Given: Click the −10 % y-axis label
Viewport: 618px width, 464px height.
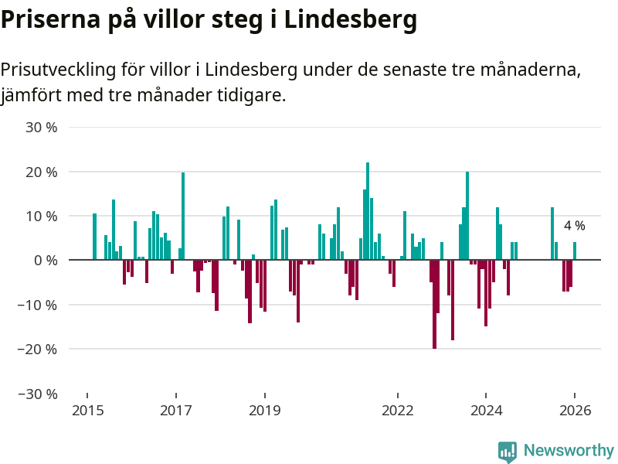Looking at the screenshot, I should [x=37, y=305].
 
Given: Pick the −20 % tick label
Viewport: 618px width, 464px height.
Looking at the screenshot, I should [x=37, y=350].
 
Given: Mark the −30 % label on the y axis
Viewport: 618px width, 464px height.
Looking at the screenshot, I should [x=37, y=394].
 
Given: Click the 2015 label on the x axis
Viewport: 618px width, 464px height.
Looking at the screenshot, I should [x=87, y=410].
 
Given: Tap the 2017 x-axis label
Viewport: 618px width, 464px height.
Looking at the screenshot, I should [x=176, y=410].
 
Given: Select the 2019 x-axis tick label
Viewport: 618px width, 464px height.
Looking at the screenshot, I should [x=265, y=410].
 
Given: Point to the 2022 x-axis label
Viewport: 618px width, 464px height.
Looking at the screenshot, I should [x=398, y=410].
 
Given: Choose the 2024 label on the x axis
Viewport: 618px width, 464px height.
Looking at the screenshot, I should [x=487, y=410].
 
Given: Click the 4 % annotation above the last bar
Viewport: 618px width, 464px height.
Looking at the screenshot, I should [x=574, y=226].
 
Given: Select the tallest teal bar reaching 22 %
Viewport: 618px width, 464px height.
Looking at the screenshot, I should [x=368, y=211].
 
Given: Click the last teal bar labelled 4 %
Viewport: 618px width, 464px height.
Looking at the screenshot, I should [x=575, y=251].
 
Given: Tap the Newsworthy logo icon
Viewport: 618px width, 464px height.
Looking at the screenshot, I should [x=508, y=452].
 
